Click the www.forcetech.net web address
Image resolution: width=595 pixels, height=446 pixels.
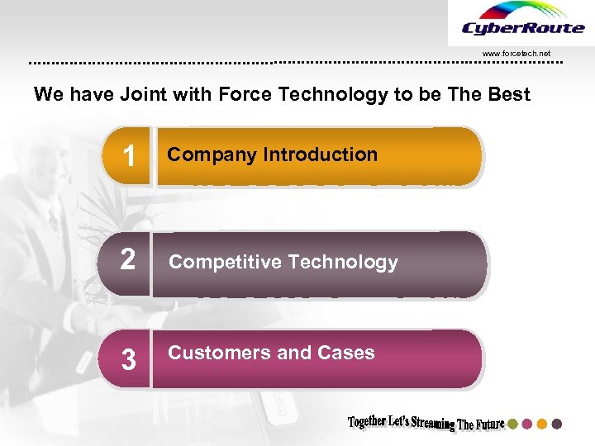click(515, 54)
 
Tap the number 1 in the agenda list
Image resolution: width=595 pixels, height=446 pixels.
click(128, 156)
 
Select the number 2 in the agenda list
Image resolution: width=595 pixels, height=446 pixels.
click(128, 262)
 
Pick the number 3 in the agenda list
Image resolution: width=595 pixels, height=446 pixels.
click(128, 359)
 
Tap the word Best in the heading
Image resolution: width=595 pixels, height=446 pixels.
click(509, 94)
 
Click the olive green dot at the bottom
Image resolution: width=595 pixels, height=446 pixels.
click(512, 424)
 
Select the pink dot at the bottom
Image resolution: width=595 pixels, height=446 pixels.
click(527, 424)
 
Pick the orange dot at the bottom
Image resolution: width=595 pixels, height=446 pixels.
click(542, 424)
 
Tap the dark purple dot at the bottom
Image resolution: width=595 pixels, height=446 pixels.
click(557, 424)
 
